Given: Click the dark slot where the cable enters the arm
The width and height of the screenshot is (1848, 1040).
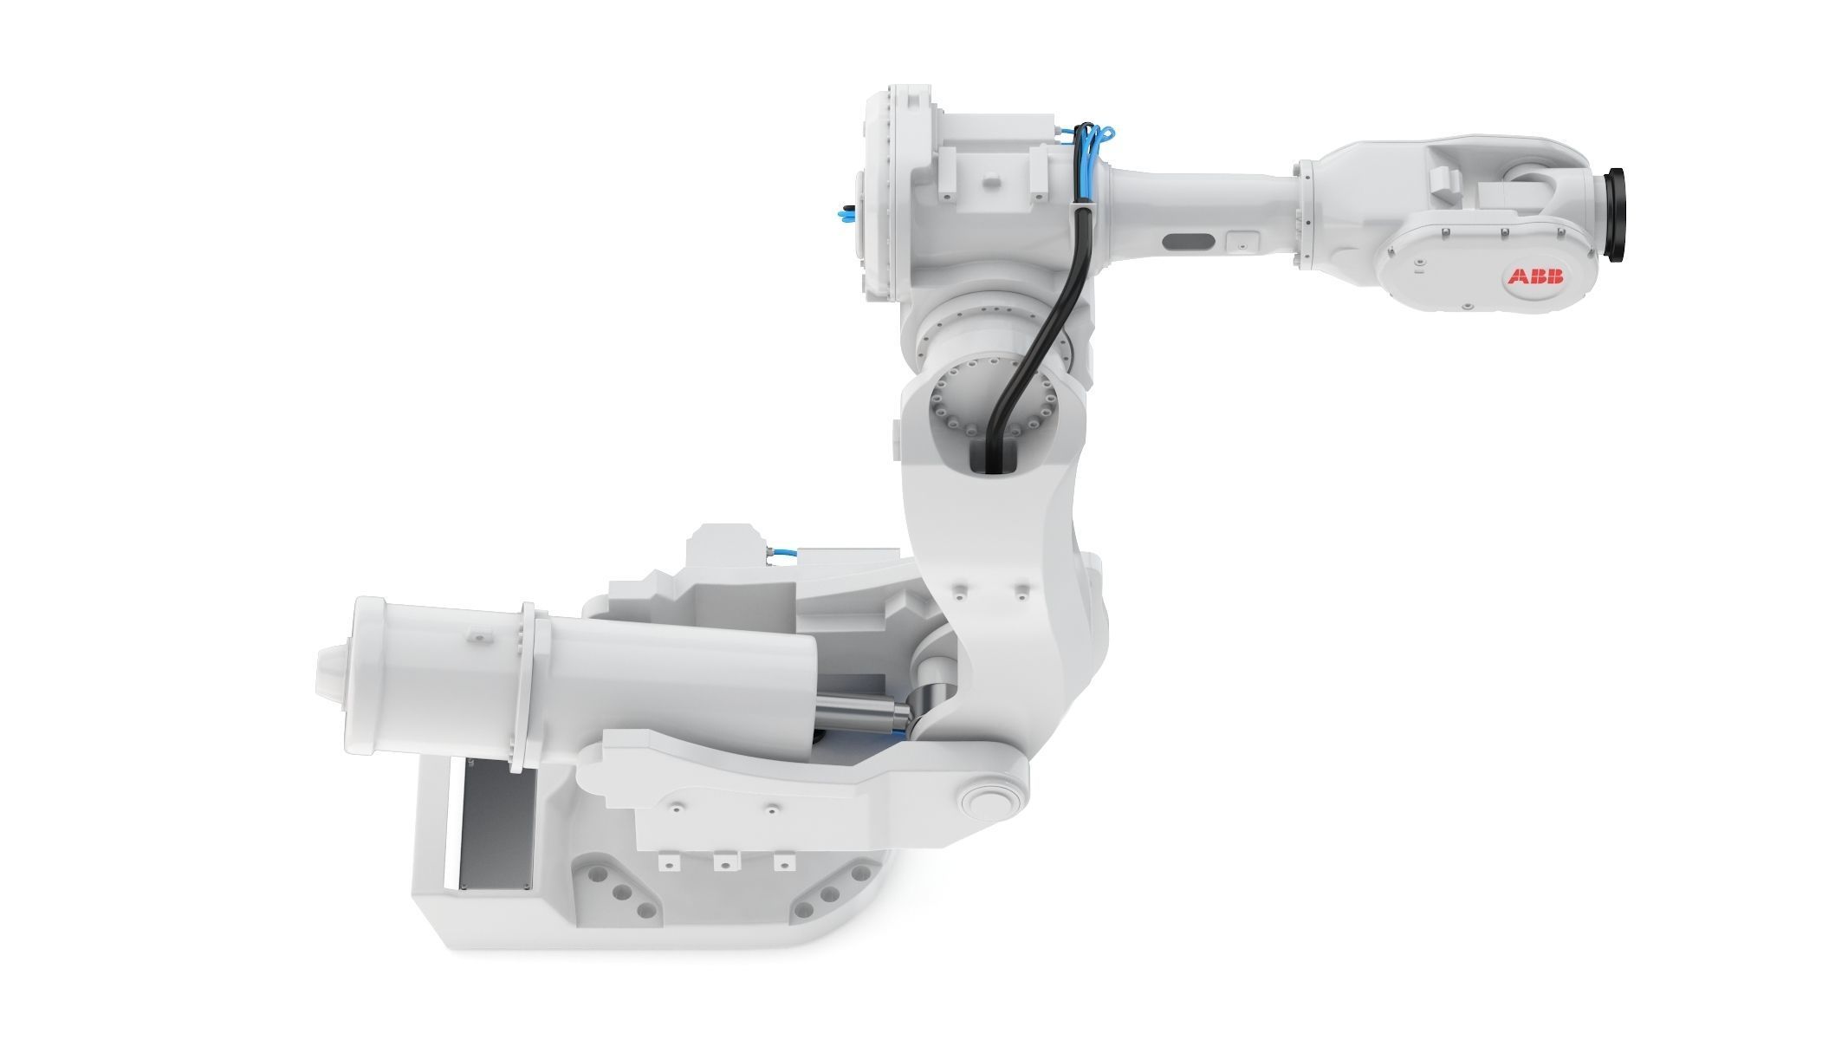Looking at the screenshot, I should pos(990,454).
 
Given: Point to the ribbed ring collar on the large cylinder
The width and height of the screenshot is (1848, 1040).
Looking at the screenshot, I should pos(527,685).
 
